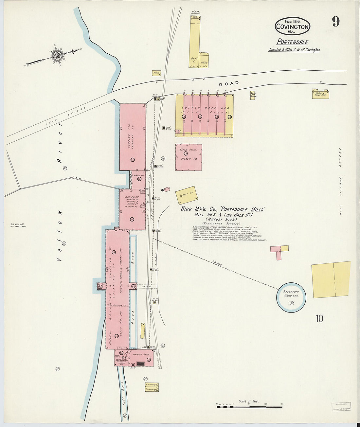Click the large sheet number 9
point(335,22)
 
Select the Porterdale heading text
point(292,42)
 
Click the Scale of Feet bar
point(249,407)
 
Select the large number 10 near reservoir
point(319,318)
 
